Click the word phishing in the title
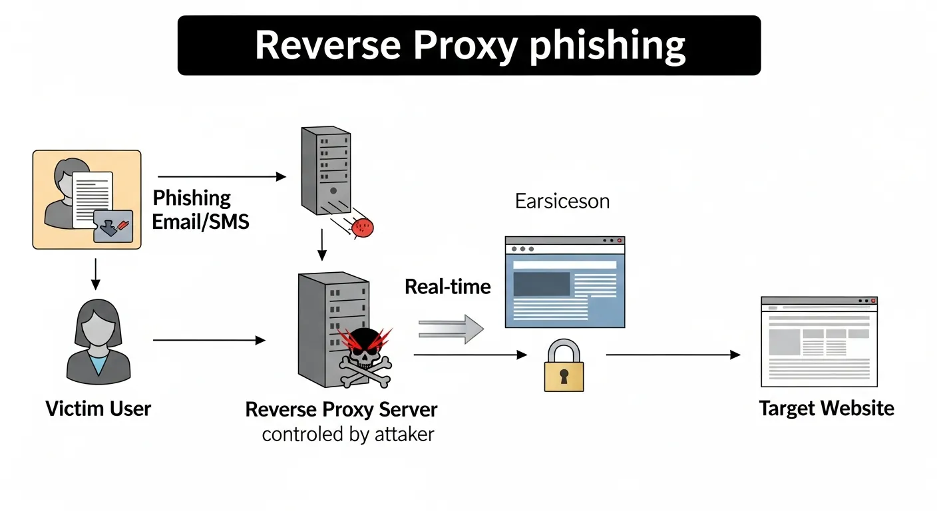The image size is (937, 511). [607, 46]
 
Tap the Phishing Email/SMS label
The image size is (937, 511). [200, 210]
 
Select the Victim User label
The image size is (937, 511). [98, 408]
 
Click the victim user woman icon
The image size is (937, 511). [99, 346]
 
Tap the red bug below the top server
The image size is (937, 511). [363, 228]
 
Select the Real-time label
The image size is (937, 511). [447, 287]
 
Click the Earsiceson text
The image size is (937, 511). [562, 201]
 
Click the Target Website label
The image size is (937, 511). [827, 408]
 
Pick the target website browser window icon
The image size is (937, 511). [819, 341]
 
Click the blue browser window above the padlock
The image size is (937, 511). [564, 282]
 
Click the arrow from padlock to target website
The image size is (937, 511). [672, 355]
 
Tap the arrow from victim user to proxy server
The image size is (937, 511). [209, 341]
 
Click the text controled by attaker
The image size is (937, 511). [347, 434]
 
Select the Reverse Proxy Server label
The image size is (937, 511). [341, 409]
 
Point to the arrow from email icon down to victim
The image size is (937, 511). [95, 273]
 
